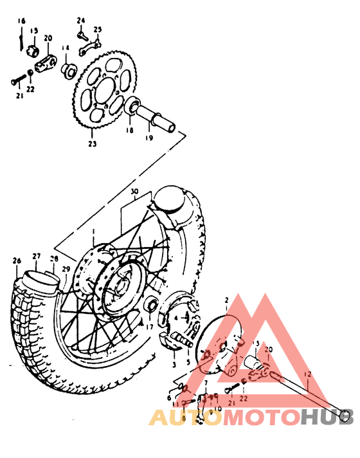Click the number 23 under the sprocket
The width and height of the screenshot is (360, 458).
[x=93, y=144]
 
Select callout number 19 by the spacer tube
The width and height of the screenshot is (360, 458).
[x=148, y=138]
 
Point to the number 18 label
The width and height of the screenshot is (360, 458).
[x=130, y=130]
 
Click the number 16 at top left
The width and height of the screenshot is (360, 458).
[x=22, y=21]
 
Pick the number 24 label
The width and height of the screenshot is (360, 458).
[x=81, y=21]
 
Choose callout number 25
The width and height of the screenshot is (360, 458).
[x=98, y=30]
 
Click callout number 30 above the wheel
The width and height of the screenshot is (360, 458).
[x=134, y=192]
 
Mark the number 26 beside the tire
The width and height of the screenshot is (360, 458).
[x=16, y=261]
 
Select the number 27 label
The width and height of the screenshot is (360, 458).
[x=37, y=257]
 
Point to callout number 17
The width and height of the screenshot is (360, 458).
[x=149, y=327]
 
